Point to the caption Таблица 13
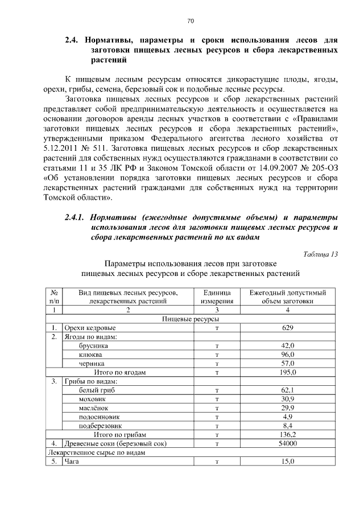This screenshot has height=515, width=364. tap(320, 254)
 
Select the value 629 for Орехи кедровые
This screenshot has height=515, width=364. tap(288, 328)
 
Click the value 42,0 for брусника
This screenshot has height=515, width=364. tap(288, 345)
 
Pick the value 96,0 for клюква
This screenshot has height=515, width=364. tap(288, 354)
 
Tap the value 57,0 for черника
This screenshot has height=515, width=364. tap(288, 363)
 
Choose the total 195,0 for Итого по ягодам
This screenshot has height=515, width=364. tap(288, 372)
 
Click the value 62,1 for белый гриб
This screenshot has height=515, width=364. tap(288, 390)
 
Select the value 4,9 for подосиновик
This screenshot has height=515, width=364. tap(288, 416)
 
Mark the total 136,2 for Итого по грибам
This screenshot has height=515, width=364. tap(288, 434)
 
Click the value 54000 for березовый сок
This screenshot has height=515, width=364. tap(288, 443)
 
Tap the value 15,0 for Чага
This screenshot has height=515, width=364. tap(288, 461)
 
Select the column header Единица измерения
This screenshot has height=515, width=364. tap(217, 297)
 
